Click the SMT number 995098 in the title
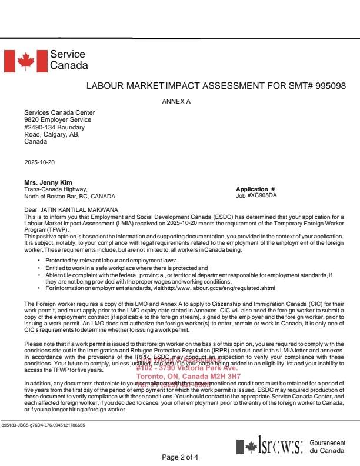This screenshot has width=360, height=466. coord(331,85)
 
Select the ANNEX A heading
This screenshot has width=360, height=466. coord(176,101)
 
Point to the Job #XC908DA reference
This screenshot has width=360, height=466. coord(256,195)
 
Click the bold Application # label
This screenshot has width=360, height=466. coord(255,189)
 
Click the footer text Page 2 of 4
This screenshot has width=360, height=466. coord(180,457)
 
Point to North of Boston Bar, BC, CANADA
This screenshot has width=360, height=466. coord(70,196)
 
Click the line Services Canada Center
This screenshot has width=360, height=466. coord(59,113)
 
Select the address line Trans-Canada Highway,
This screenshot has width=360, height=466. coord(56,189)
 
